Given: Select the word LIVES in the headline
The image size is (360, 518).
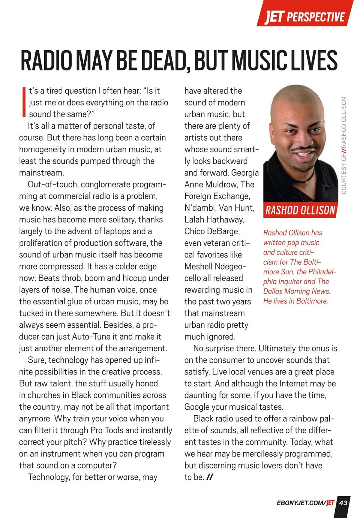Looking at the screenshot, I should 313,61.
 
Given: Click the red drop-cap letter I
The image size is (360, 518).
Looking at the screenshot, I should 23,102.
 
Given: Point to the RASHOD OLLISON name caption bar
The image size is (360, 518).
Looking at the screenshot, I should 300,210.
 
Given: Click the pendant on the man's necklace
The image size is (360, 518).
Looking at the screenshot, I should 306,184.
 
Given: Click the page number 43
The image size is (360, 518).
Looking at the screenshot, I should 343,503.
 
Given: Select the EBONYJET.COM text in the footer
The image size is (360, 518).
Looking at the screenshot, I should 300,503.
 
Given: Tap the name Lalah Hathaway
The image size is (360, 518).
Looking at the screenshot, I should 214,219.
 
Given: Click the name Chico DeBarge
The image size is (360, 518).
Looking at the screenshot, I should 212,231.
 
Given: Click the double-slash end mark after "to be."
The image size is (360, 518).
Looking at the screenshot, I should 210,477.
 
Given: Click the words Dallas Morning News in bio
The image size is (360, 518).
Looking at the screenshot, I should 297,291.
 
